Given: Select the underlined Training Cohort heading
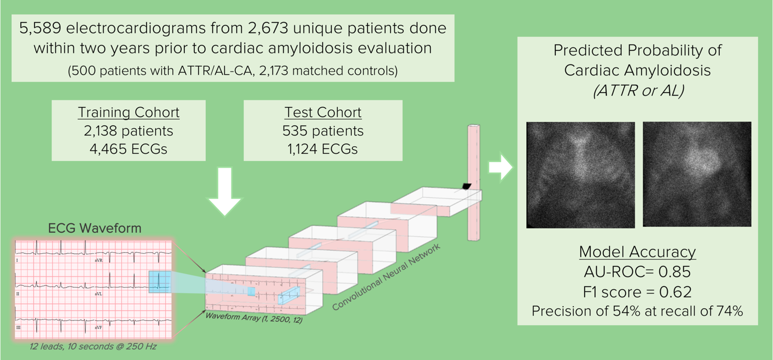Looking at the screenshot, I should click(x=128, y=112).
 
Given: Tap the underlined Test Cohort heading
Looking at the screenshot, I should click(x=323, y=112).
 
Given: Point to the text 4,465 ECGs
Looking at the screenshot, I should click(x=128, y=149).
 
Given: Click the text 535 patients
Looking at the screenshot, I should click(x=323, y=131).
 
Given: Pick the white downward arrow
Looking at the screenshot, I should click(x=225, y=191).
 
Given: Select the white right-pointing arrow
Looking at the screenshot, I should click(x=501, y=167).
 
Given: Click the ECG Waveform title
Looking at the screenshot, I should click(x=95, y=228).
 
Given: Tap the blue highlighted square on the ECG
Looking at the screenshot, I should click(x=159, y=282).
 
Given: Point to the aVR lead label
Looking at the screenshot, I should click(x=99, y=260).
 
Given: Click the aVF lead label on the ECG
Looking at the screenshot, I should click(x=99, y=328).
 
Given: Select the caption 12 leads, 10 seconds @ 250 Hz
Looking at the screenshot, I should click(x=93, y=346).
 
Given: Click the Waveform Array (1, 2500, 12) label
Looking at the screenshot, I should click(x=254, y=318).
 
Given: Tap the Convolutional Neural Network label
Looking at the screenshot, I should click(x=386, y=277).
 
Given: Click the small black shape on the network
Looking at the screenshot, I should click(x=466, y=186).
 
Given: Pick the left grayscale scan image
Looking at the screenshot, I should click(x=580, y=175).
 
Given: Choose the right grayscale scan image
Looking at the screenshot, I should click(x=697, y=174).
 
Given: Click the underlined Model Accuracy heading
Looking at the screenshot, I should click(x=637, y=252).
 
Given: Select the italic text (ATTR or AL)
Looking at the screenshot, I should click(x=638, y=91).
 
